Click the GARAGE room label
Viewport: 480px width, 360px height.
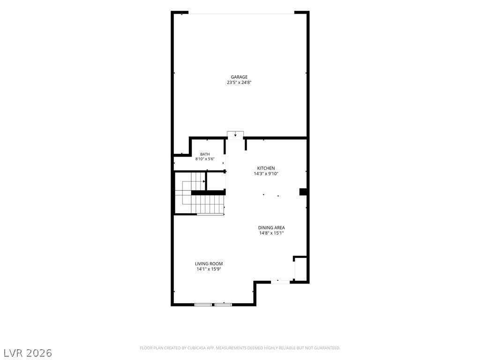239,77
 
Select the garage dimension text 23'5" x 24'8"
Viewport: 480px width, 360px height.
239,82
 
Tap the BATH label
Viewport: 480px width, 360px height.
205,154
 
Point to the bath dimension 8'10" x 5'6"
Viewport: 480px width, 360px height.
205,159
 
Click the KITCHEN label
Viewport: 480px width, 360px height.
266,168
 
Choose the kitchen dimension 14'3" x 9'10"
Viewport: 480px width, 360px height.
266,173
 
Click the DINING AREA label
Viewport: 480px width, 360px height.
271,228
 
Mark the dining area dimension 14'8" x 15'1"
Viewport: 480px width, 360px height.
271,233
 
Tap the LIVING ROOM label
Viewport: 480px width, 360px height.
209,263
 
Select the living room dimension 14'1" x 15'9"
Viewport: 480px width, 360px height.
209,269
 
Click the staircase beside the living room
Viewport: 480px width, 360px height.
200,194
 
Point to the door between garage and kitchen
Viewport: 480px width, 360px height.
235,135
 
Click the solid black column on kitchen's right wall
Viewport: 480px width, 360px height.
303,192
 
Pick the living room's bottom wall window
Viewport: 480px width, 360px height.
213,305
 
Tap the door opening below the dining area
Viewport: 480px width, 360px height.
280,282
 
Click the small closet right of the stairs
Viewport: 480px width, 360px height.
216,181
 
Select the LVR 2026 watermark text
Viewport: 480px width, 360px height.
26,353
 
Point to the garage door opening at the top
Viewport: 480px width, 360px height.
241,13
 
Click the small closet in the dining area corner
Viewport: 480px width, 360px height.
300,269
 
